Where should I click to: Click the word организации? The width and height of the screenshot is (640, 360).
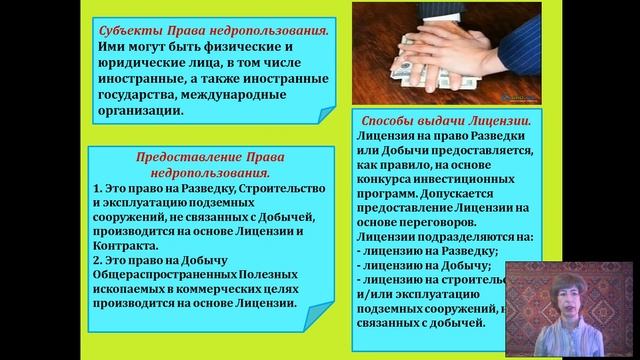click(x=141, y=110)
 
